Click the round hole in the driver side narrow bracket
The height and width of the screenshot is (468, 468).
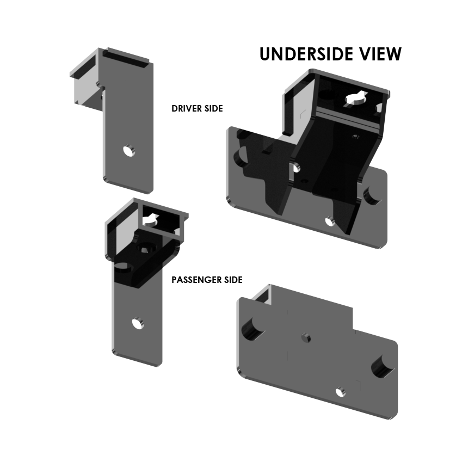coord(129,150)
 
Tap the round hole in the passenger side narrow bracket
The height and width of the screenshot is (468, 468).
coord(138,323)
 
